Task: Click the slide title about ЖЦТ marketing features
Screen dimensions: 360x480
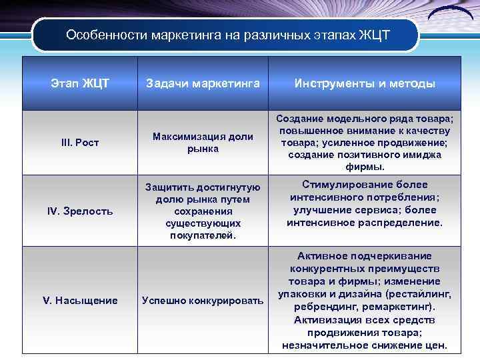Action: coord(227,35)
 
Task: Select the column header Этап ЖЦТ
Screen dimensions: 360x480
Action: coord(79,83)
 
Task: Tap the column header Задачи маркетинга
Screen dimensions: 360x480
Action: coord(203,83)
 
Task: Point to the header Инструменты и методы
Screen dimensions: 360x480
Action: coord(365,83)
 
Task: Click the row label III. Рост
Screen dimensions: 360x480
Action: coord(79,143)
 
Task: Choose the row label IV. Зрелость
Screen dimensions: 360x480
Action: coord(79,211)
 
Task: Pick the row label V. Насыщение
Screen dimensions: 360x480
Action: coord(79,300)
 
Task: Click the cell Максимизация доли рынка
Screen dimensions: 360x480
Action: coord(203,143)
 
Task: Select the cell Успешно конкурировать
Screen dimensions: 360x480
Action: coord(203,301)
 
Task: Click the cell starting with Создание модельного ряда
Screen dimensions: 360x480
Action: coord(365,142)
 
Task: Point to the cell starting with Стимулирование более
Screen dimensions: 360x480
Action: coord(365,203)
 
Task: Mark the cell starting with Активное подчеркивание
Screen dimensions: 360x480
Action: coord(365,301)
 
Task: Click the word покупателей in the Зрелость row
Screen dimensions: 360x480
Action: coord(203,235)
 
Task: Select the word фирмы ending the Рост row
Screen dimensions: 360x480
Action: coord(365,167)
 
